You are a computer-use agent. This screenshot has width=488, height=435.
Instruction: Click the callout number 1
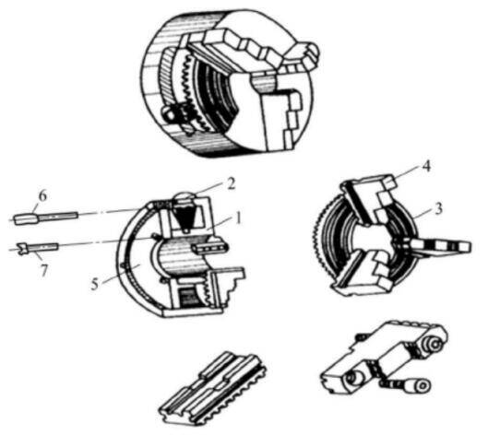pos(237,219)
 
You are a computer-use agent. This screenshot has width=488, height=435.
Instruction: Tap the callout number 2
pos(231,183)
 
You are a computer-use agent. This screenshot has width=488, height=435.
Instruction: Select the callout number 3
pos(438,208)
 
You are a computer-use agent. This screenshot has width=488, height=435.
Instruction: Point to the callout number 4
pos(427,167)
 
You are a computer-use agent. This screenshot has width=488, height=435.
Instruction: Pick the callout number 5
pos(95,284)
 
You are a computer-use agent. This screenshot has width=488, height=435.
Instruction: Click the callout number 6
pos(42,196)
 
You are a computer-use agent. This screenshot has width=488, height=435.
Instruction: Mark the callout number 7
pos(43,270)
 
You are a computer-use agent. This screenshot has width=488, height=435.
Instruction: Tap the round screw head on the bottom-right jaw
pos(434,345)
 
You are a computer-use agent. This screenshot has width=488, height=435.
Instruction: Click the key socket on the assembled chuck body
pos(170,115)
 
